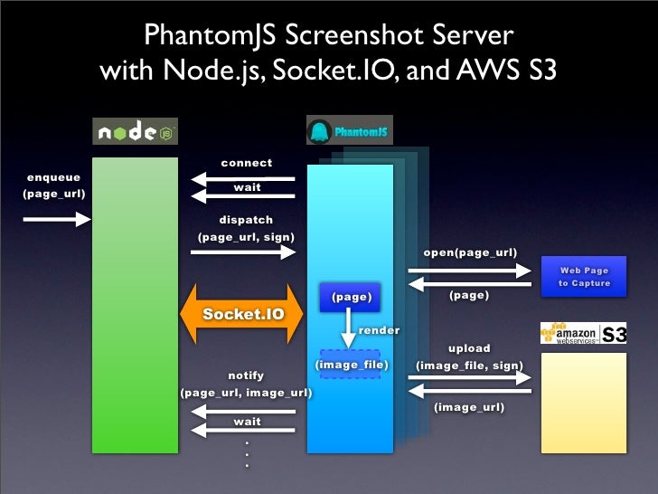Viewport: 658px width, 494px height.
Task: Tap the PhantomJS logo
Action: (349, 132)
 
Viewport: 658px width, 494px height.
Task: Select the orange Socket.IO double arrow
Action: (242, 314)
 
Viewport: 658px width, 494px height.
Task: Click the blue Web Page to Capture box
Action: (583, 277)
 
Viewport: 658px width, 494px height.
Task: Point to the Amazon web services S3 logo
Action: (583, 334)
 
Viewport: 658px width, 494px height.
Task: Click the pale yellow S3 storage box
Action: (583, 402)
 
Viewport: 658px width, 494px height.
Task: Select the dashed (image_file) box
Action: (351, 365)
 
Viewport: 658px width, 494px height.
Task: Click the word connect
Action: (246, 163)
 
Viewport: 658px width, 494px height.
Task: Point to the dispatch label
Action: (246, 220)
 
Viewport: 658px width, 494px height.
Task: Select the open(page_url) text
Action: (470, 252)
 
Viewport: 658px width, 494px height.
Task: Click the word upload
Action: (469, 348)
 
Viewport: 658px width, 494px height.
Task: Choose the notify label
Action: (246, 375)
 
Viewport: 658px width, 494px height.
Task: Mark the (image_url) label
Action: (469, 408)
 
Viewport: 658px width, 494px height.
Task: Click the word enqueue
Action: (53, 177)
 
